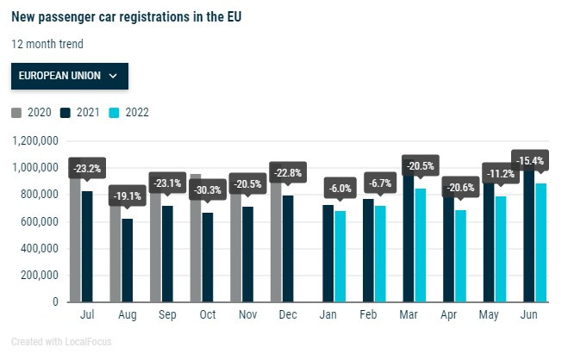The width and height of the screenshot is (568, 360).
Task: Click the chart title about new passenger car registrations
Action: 127,16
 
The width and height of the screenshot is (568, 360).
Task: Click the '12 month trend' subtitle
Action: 47,43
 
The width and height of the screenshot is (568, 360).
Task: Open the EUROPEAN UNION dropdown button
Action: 69,76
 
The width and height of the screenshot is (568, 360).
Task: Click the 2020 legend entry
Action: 33,112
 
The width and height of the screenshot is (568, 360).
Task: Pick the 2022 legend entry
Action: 130,112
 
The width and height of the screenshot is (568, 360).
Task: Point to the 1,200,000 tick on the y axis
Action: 31,140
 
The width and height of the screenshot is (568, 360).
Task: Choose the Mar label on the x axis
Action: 409,316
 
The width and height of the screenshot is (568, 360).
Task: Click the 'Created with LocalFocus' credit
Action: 61,342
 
